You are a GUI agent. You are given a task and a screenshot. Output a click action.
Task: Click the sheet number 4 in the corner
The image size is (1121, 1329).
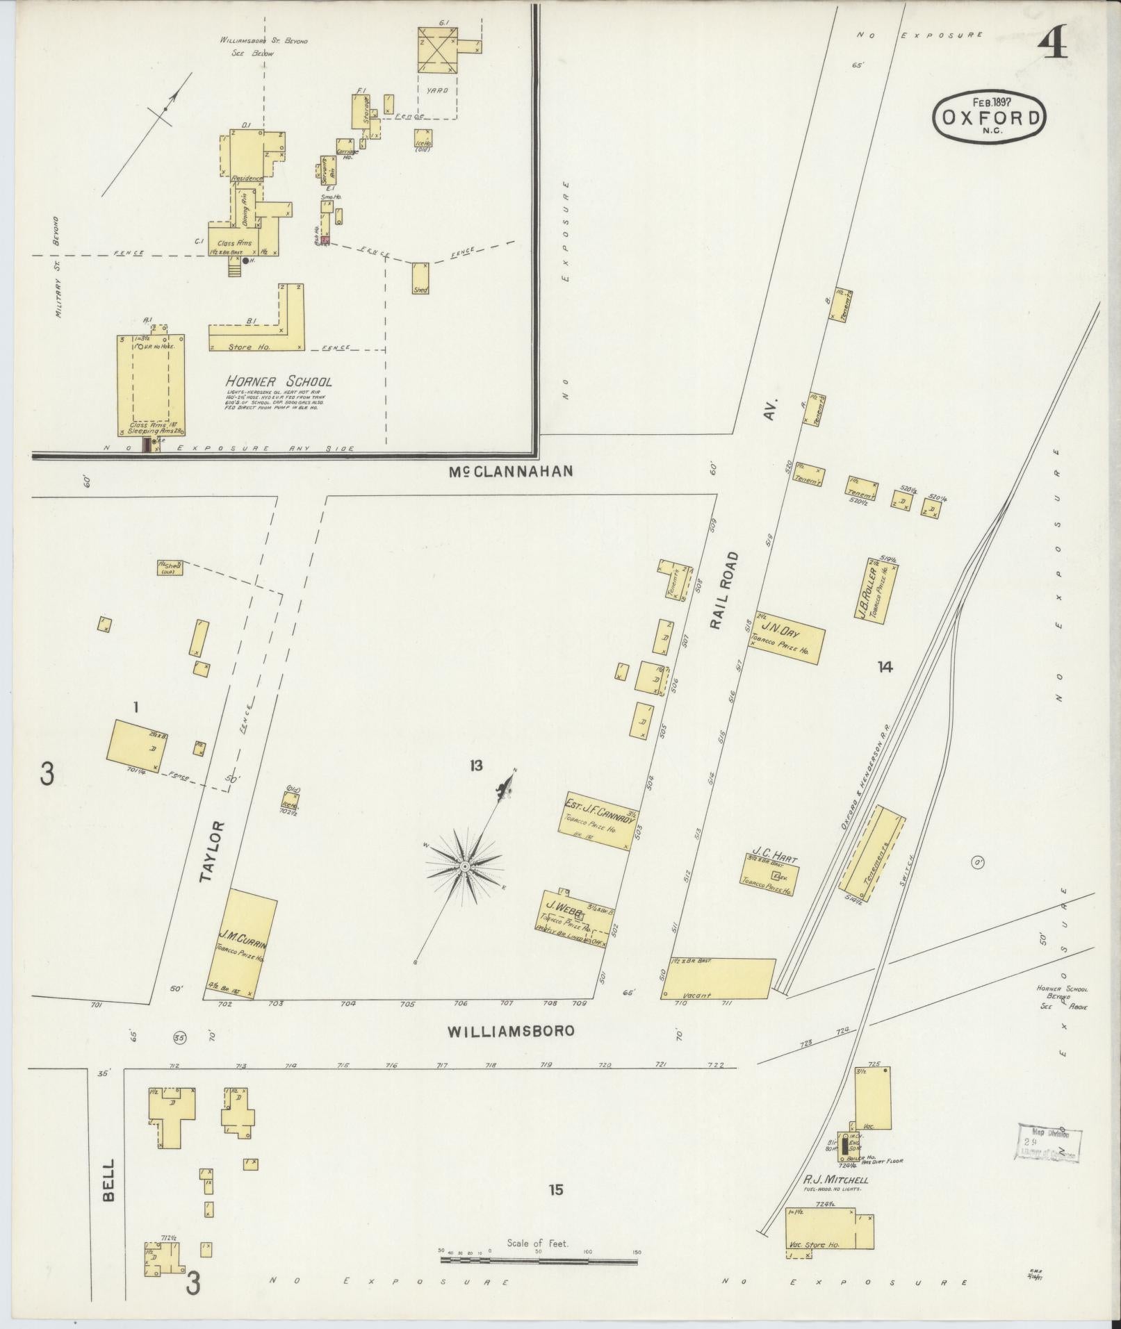[x=1053, y=47]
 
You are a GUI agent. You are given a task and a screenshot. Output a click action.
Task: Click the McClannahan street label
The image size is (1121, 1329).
[x=510, y=471]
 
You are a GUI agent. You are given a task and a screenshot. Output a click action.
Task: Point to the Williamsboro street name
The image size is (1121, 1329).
[x=511, y=1031]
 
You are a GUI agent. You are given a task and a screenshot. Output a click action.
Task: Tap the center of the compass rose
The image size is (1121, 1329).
[x=464, y=866]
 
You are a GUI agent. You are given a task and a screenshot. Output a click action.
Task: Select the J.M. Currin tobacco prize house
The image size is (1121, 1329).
[x=243, y=943]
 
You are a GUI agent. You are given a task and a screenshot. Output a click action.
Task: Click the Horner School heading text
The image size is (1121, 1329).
[x=278, y=381]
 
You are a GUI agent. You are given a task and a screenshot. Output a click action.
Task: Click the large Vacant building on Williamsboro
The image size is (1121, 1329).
[x=718, y=978]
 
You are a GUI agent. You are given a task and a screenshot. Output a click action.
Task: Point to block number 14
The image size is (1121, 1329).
[x=884, y=667]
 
